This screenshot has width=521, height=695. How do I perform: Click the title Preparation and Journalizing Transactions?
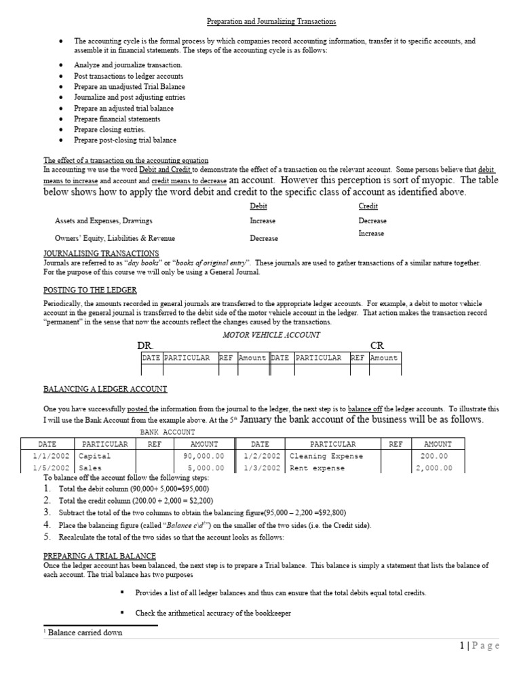(261, 22)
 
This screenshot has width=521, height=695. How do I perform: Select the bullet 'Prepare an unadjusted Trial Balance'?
(129, 87)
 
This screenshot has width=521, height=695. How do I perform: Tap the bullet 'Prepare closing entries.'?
(109, 130)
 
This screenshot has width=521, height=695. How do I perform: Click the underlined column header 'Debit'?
(258, 206)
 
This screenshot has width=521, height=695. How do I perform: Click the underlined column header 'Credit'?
(368, 206)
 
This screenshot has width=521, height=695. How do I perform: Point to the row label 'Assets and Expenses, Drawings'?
(103, 221)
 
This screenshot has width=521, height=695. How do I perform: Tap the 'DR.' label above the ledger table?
(145, 345)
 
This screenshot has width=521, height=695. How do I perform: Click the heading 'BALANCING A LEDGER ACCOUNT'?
(105, 390)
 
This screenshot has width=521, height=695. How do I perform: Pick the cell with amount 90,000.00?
(204, 456)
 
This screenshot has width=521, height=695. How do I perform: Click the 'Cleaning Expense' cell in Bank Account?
(326, 456)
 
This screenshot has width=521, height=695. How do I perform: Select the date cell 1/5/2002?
(52, 468)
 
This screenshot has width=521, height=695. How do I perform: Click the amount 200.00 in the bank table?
(434, 456)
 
